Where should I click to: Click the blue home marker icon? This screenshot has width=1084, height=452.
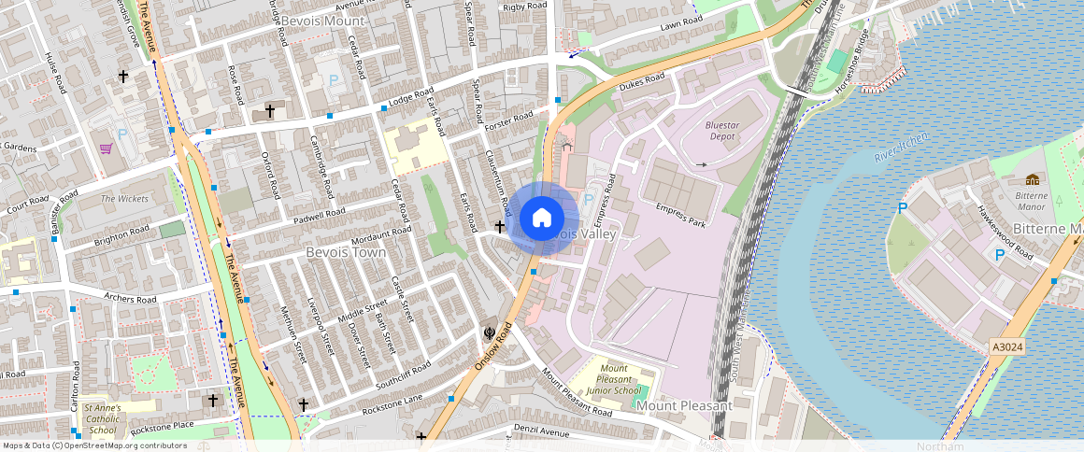tap(541, 219)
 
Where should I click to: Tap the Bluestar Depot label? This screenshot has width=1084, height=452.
tap(721, 130)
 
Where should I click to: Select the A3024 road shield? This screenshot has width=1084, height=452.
tap(1006, 347)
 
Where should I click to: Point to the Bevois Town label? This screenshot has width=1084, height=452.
tap(346, 252)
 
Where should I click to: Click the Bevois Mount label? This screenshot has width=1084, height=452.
tap(322, 20)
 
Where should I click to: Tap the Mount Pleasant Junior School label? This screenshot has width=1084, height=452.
tap(614, 380)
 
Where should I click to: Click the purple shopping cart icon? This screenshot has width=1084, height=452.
tap(106, 148)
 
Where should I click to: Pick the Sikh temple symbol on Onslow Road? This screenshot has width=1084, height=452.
tap(488, 332)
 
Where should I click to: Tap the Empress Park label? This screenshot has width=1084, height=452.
tap(679, 214)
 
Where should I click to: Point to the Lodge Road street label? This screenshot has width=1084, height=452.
tap(411, 98)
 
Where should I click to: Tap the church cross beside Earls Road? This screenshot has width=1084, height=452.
tap(499, 226)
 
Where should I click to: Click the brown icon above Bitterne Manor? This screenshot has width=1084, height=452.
tap(1032, 179)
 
